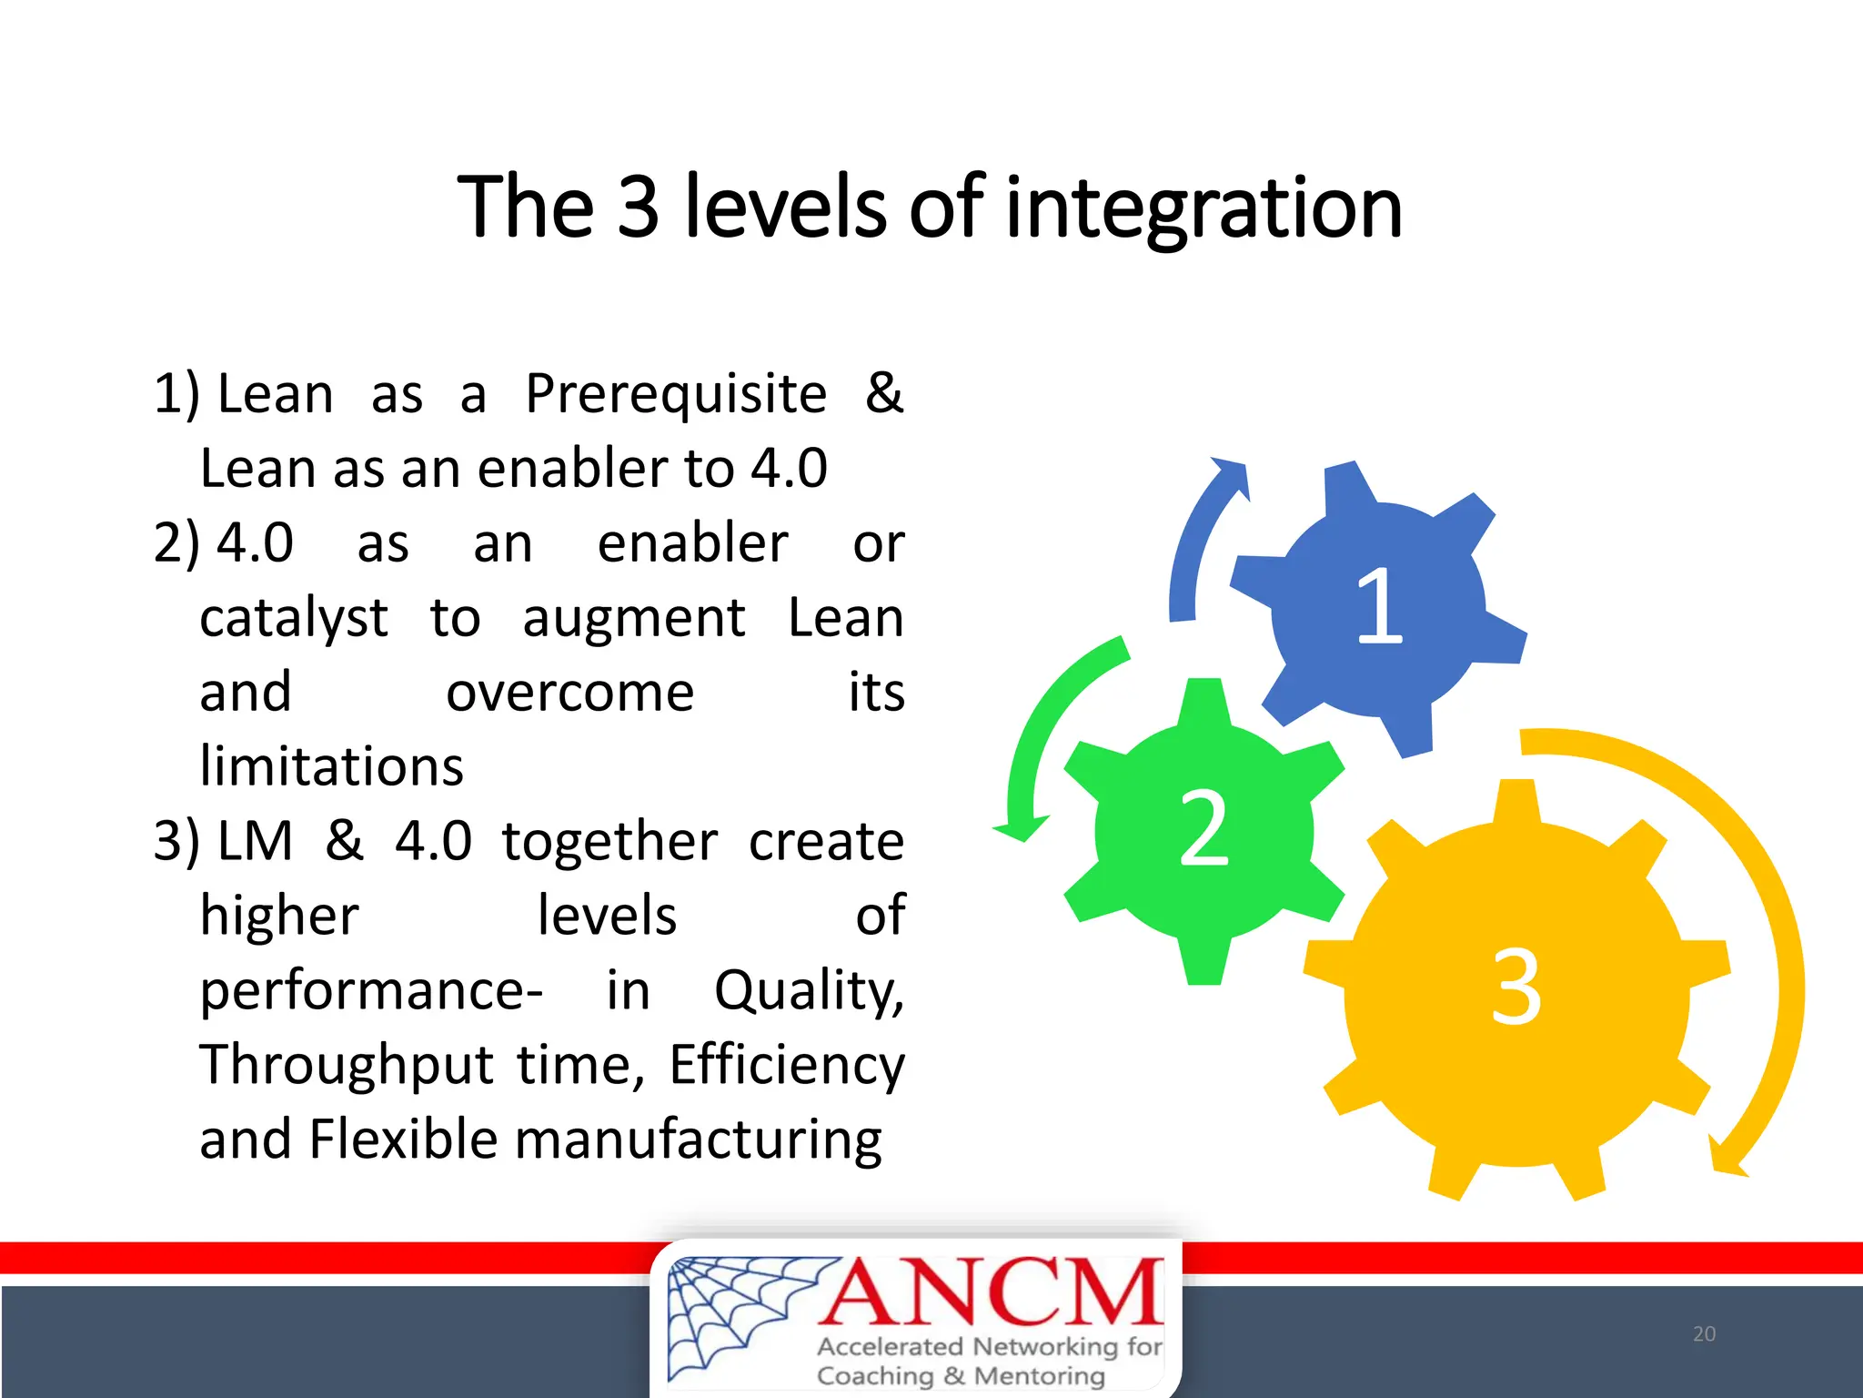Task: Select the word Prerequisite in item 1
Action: (x=676, y=395)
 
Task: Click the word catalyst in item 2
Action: (x=293, y=619)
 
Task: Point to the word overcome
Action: (x=569, y=693)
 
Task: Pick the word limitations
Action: (x=331, y=767)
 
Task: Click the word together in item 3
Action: (x=609, y=841)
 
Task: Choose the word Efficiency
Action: (x=787, y=1065)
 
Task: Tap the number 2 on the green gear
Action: (x=1203, y=828)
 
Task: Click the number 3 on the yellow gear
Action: (x=1516, y=988)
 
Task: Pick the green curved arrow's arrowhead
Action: (x=1021, y=826)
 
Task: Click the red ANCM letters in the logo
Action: (x=992, y=1292)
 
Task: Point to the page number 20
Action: (x=1704, y=1334)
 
